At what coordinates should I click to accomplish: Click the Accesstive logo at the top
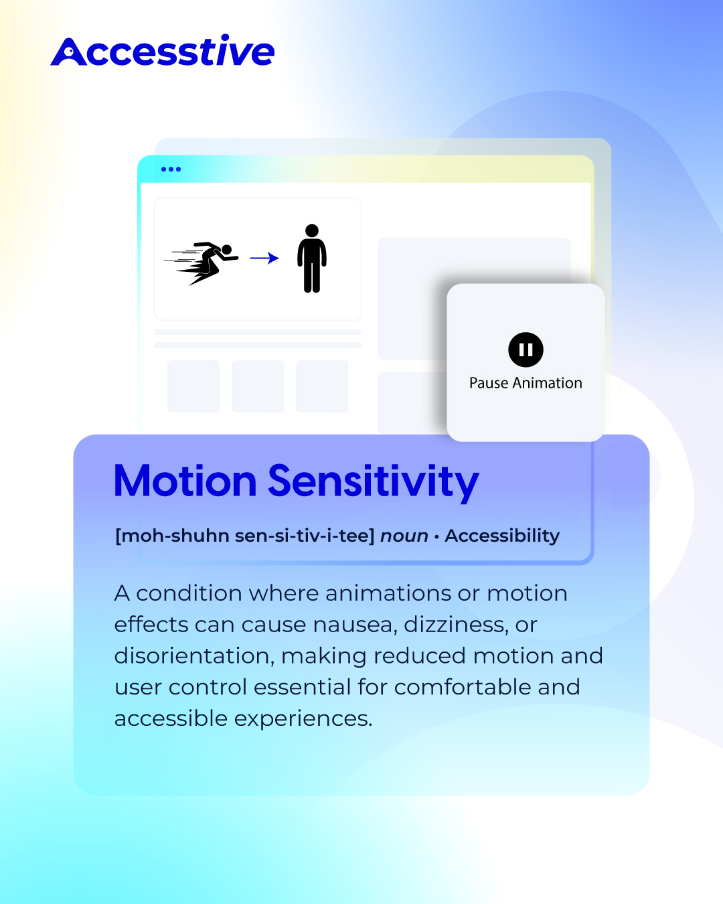[x=162, y=50]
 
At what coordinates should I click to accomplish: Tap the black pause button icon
[x=526, y=350]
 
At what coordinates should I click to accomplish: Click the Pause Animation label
[x=526, y=383]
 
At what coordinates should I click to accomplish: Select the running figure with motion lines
[x=202, y=263]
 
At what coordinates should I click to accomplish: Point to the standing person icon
[x=312, y=258]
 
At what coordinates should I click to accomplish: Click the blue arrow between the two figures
[x=264, y=258]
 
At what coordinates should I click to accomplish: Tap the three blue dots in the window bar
[x=171, y=169]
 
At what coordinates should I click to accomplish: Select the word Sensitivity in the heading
[x=374, y=483]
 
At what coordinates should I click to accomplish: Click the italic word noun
[x=404, y=536]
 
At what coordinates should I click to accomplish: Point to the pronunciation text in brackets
[x=245, y=536]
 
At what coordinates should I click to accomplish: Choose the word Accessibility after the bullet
[x=503, y=536]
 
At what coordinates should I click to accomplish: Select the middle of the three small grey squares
[x=258, y=386]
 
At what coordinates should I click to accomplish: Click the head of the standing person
[x=312, y=230]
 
